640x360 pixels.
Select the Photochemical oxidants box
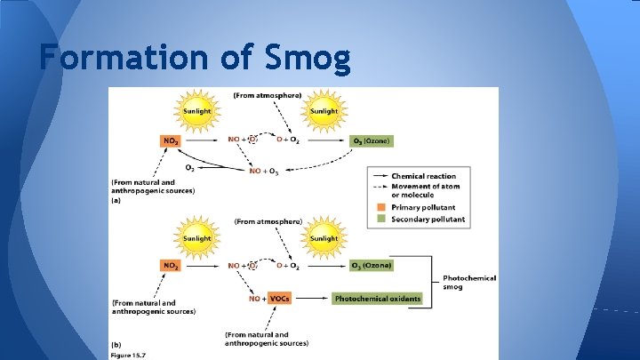pos(378,299)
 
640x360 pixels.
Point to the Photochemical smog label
pos(469,282)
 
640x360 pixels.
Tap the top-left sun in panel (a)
pos(197,111)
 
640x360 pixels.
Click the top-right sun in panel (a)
pos(324,111)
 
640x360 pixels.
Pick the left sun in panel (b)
pos(197,238)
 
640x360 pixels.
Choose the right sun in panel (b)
pos(324,238)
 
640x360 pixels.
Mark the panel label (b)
pos(116,343)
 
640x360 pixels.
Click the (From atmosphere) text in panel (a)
pos(267,95)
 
